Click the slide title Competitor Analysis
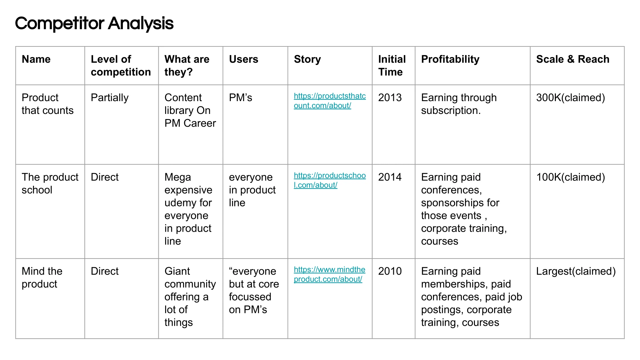point(94,24)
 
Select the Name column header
point(36,59)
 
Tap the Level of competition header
point(121,66)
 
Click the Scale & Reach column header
point(572,59)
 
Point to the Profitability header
point(450,60)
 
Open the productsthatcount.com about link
point(330,101)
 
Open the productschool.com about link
point(330,180)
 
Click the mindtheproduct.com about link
point(329,274)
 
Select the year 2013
point(390,98)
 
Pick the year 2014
point(390,177)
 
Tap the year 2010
point(390,271)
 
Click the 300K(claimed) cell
point(571,98)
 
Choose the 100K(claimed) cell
point(571,177)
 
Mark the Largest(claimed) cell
point(576,271)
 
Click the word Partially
point(110,98)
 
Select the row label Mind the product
point(42,277)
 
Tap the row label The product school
point(50,183)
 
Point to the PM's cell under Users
point(240,98)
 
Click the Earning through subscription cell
point(459,104)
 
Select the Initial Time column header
point(392,66)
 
